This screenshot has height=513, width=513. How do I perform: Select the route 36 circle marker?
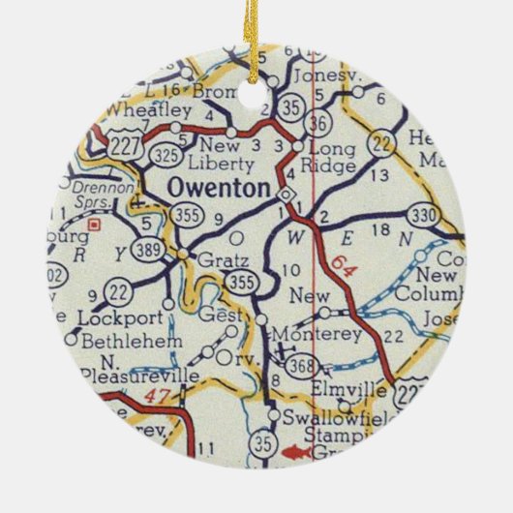pos(317,123)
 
